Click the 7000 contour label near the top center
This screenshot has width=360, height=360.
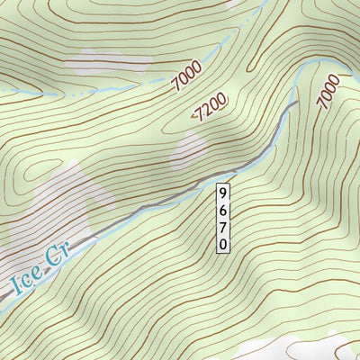pos(185,82)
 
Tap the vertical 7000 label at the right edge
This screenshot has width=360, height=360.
pos(328,93)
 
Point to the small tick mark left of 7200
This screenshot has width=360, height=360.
pos(193,113)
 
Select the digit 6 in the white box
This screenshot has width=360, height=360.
pos(223,210)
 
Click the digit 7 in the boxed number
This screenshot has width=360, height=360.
pos(223,227)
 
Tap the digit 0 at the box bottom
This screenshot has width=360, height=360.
pos(223,243)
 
